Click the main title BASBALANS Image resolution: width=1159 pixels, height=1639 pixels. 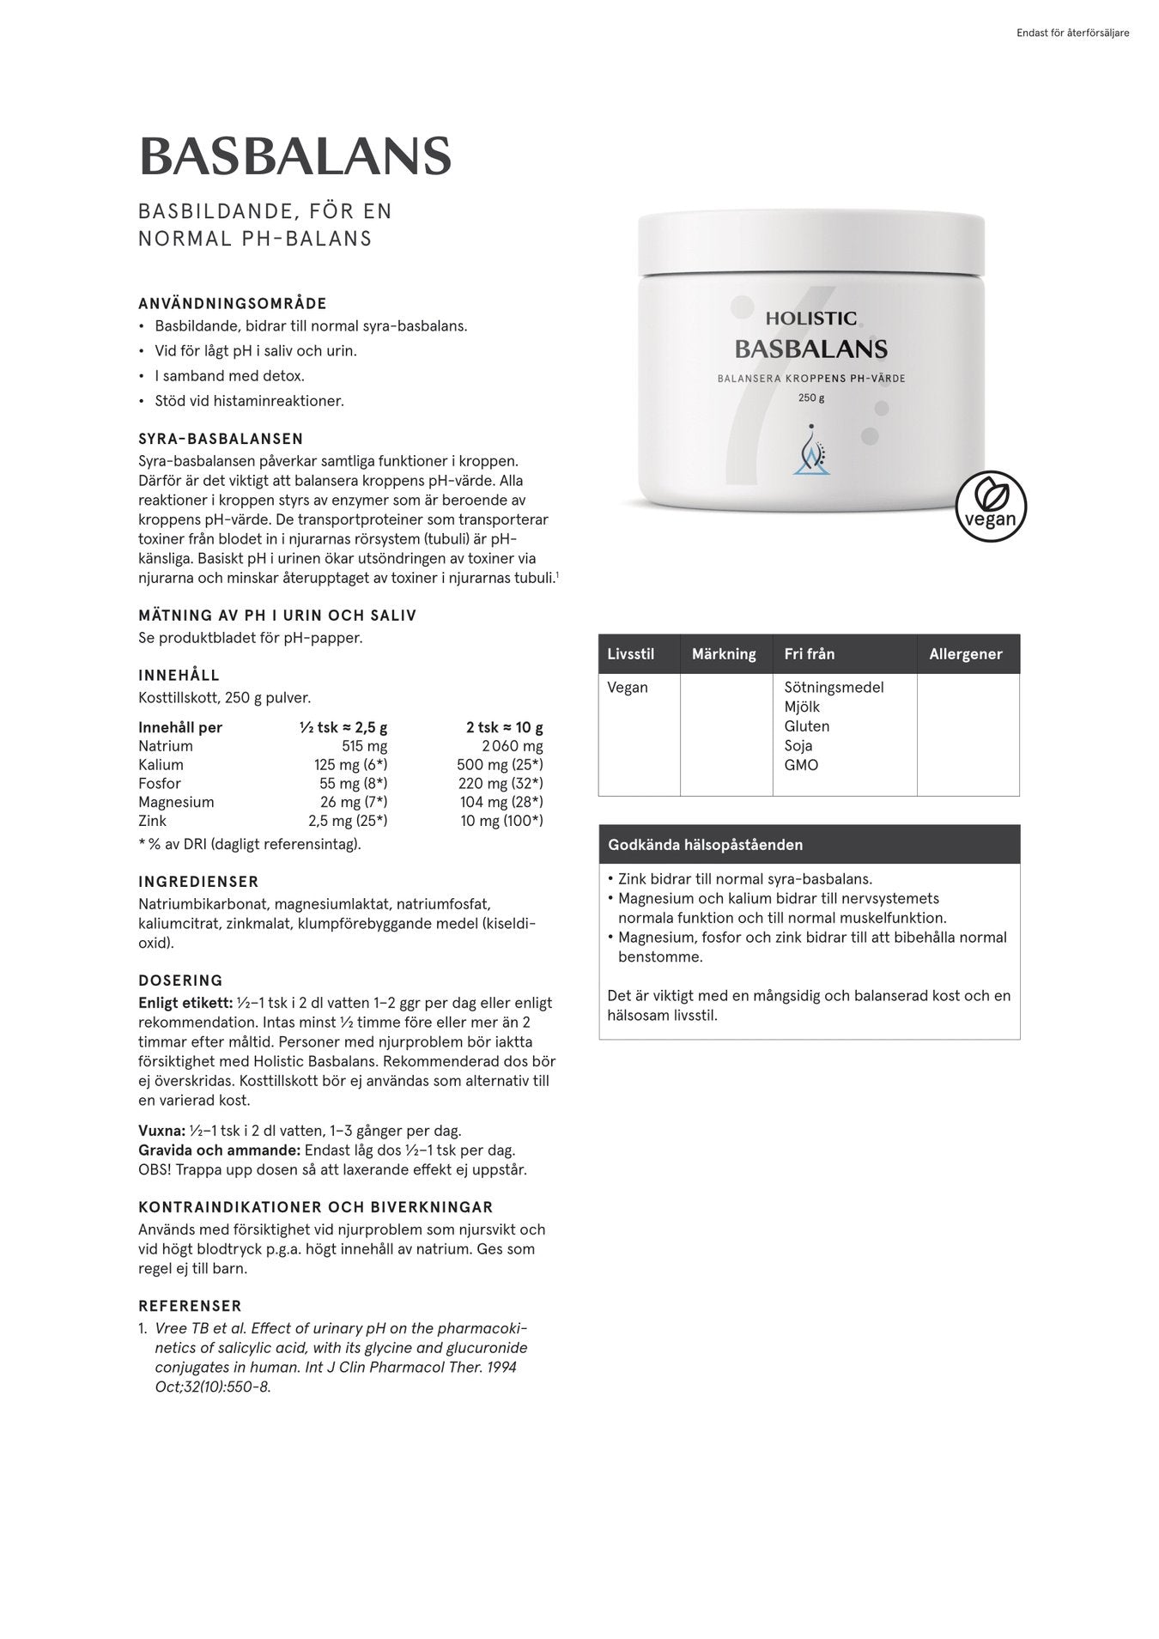point(294,156)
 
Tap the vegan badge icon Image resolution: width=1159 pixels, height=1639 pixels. point(991,506)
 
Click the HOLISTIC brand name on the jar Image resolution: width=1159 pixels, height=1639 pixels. point(810,319)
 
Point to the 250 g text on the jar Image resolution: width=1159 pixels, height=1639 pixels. point(810,398)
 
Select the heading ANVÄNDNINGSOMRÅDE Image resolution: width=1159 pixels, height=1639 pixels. point(233,303)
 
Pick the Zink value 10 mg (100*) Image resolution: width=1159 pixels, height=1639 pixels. point(501,821)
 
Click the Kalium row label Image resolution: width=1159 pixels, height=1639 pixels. point(161,765)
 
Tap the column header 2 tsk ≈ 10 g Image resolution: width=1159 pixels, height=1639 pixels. point(504,727)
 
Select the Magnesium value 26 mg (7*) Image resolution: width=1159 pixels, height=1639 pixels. point(354,802)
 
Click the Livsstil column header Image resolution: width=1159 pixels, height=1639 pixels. point(630,654)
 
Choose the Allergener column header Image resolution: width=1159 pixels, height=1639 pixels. point(965,654)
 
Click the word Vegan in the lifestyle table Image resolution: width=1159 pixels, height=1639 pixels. point(628,688)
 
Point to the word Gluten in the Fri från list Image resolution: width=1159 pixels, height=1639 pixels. point(806,726)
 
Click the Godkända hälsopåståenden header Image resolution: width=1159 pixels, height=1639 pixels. point(705,845)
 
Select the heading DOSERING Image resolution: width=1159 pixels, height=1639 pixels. point(180,980)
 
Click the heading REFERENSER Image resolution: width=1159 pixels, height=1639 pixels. point(190,1306)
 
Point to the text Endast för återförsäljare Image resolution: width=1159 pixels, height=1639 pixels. point(1071,33)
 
